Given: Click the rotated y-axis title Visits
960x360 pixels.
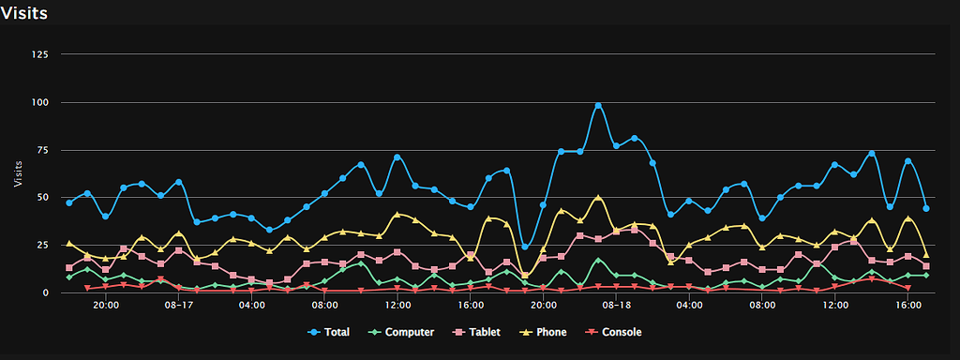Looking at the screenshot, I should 19,172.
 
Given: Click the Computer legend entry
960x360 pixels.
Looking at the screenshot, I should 403,332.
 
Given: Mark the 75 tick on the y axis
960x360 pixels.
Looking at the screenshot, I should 42,150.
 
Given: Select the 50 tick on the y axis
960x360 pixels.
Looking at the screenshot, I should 42,198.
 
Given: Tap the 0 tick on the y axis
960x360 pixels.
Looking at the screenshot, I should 45,292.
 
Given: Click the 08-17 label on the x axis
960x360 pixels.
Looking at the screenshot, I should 178,306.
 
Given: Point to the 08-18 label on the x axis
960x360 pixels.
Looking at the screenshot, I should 616,306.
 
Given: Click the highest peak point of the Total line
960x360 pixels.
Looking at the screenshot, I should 598,106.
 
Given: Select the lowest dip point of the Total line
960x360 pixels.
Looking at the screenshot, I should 525,247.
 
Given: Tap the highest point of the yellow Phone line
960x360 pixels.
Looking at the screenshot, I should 598,198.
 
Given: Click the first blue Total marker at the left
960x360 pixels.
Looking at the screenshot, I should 69,202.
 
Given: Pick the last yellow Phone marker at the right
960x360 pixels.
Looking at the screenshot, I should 926,255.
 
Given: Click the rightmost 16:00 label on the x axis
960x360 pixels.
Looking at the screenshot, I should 907,306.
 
